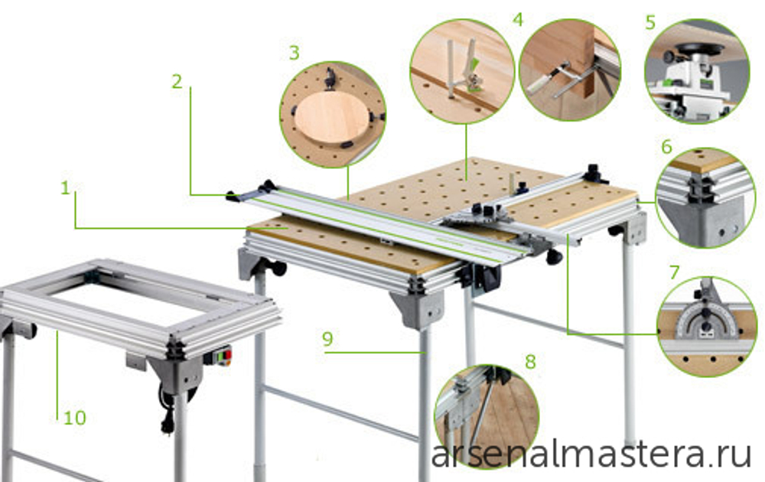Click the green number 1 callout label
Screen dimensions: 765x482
(65, 187)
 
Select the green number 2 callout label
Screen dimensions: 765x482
(177, 81)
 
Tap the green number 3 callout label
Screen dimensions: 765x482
(294, 53)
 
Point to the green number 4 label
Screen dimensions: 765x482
(518, 20)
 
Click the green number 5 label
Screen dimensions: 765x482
(650, 22)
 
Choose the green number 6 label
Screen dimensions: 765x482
(666, 146)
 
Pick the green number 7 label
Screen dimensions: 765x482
(675, 272)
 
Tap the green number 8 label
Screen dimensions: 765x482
(530, 362)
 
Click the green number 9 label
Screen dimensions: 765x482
(327, 339)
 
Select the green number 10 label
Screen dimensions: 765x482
(75, 418)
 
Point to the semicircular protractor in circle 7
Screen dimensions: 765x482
(704, 323)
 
